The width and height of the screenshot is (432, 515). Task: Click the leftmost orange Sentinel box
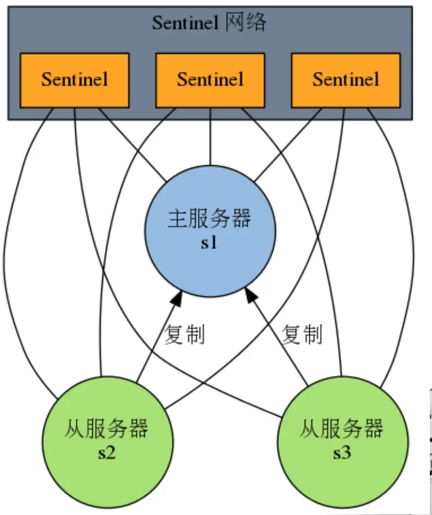click(x=74, y=80)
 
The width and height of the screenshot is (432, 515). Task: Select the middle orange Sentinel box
click(x=210, y=80)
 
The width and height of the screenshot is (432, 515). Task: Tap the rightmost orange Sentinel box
click(x=345, y=80)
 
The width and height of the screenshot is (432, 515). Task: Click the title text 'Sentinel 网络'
click(x=209, y=23)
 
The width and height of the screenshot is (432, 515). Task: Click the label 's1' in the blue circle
click(x=209, y=243)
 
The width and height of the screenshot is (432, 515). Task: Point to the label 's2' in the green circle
click(x=107, y=452)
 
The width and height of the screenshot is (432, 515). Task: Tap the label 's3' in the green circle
click(x=342, y=452)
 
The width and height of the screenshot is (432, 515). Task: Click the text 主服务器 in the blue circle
click(x=209, y=219)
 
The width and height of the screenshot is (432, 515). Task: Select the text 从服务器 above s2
click(x=107, y=429)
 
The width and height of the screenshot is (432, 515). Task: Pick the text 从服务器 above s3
click(x=342, y=429)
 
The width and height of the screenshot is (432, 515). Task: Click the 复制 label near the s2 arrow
click(x=185, y=334)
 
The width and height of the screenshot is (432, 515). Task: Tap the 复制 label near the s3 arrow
click(x=302, y=334)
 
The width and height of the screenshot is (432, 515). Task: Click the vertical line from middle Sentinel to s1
click(x=211, y=136)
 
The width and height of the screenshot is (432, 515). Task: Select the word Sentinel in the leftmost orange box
click(x=75, y=80)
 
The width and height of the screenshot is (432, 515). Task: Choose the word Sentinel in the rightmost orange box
click(x=345, y=80)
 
